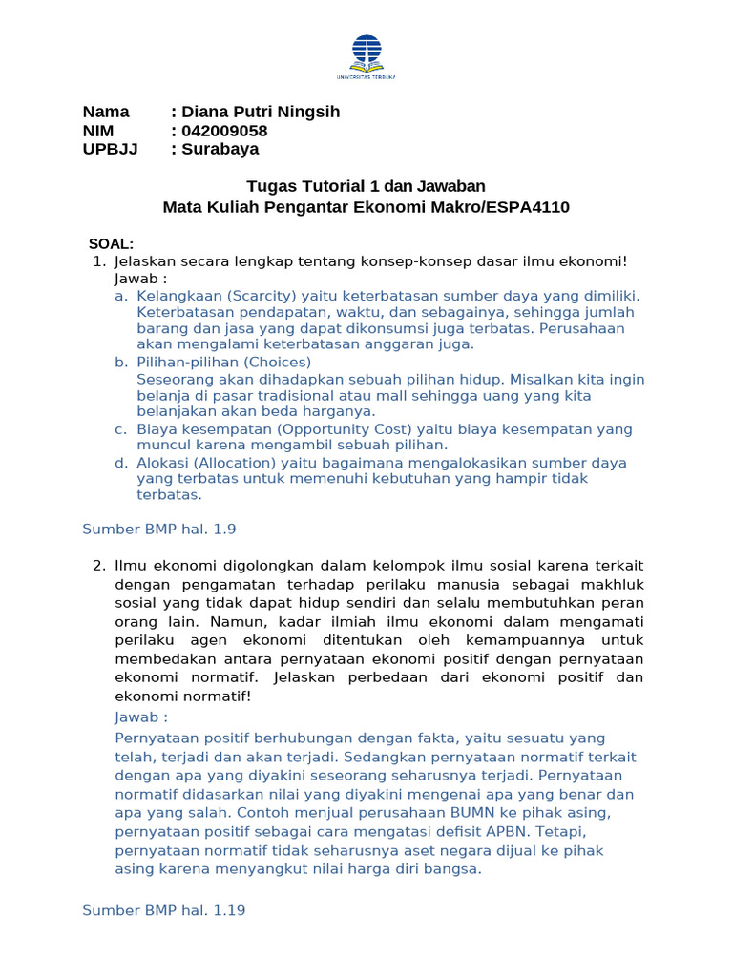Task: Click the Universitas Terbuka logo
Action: tap(366, 55)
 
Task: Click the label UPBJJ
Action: tap(110, 149)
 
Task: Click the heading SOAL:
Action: tap(111, 244)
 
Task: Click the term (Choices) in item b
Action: tap(277, 362)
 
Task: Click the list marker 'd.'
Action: tap(121, 462)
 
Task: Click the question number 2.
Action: tap(98, 565)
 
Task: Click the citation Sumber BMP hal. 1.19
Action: tap(164, 910)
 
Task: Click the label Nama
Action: tap(106, 112)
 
